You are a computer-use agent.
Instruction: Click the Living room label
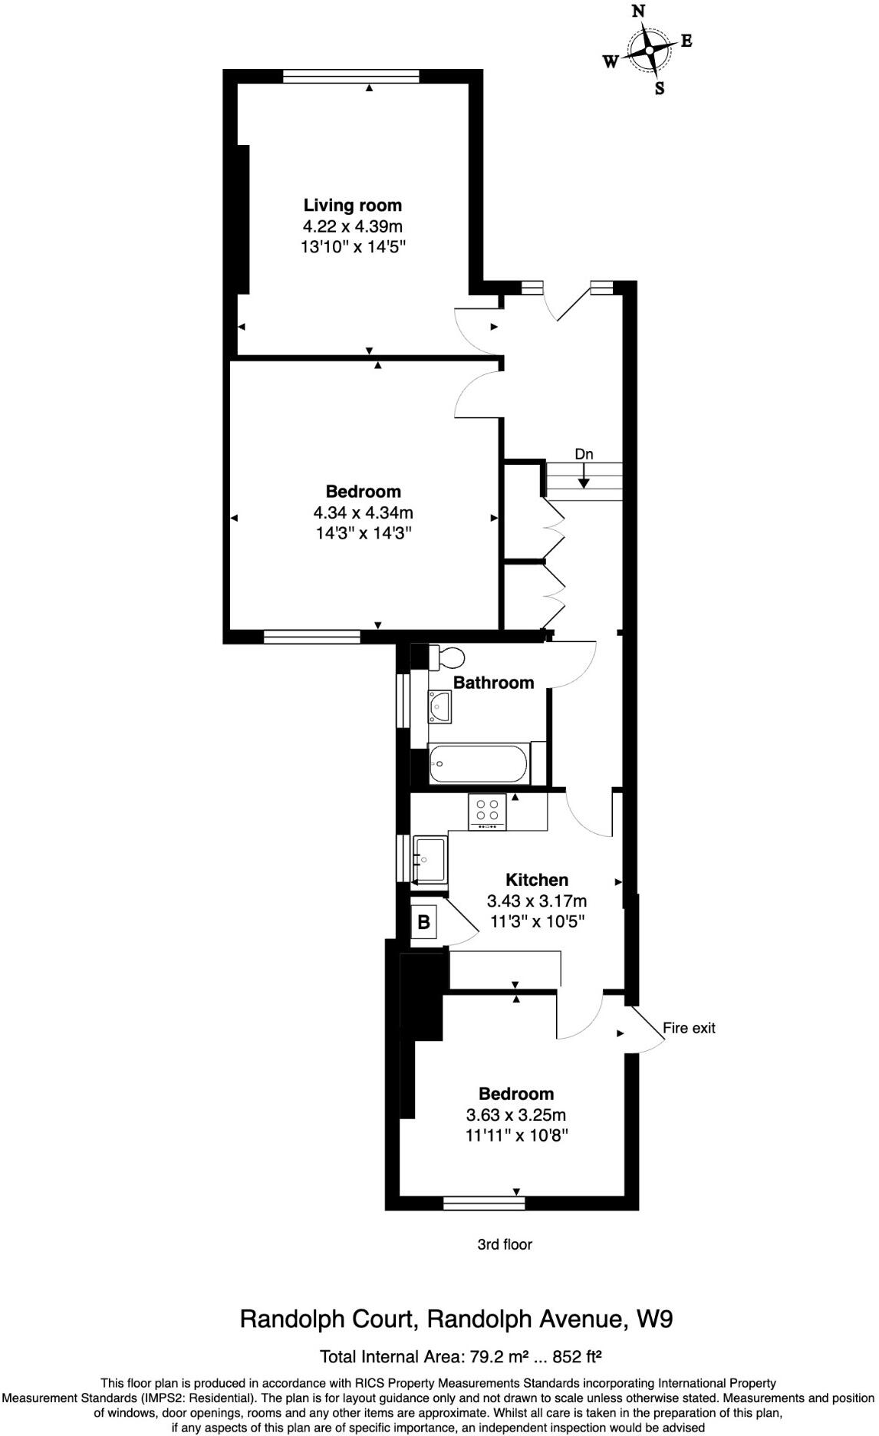pos(352,205)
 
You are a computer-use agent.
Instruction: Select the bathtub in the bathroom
pos(479,764)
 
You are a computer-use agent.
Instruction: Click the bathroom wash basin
pos(439,705)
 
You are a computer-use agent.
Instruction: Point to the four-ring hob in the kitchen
pos(487,811)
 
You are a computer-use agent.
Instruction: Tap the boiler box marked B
pos(424,922)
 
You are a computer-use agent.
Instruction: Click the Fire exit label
pos(688,1028)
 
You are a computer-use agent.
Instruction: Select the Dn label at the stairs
pos(584,454)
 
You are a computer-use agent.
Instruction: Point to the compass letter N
pos(637,12)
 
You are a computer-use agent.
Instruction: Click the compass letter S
pos(659,88)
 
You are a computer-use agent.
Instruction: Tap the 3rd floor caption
pos(504,1244)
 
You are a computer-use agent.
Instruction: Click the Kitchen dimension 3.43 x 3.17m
pos(536,901)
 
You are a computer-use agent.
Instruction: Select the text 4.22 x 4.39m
pos(352,226)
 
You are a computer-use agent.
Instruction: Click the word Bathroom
pos(493,683)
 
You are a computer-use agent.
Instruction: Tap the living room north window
pos(351,75)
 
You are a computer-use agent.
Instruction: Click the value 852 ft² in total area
pos(571,1357)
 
